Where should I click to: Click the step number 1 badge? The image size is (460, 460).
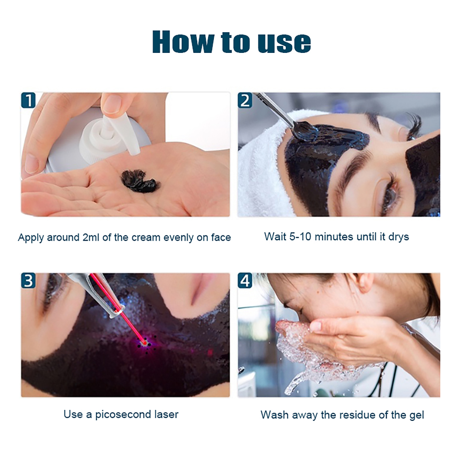coord(28,100)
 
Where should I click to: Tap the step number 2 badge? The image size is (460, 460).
coord(245,100)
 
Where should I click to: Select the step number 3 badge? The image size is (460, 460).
coord(28,281)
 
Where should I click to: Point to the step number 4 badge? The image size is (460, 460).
coord(245,281)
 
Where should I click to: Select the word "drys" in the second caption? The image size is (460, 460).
coord(399,237)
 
